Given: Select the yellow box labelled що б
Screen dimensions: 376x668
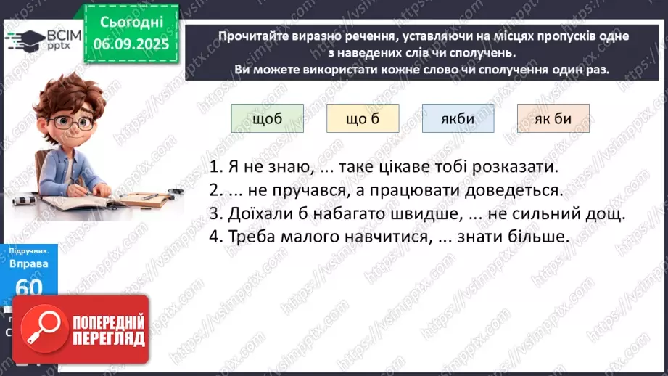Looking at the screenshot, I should [363, 119].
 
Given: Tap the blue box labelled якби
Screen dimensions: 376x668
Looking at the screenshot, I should [458, 119].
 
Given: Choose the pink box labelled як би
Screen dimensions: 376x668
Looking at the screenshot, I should [553, 119].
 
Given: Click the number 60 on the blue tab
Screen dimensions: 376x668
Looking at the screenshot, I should [29, 287].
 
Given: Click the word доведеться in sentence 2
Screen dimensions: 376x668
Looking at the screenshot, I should [516, 191].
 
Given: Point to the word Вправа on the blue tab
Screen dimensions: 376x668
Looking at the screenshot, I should [29, 263].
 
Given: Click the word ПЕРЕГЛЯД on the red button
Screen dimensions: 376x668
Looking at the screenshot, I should [107, 338].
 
